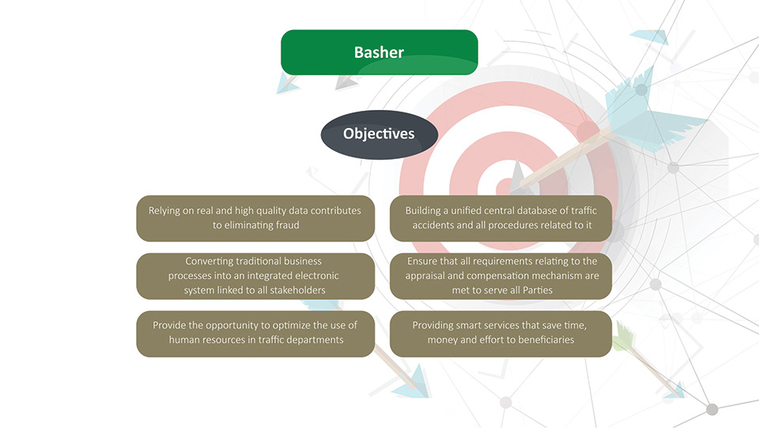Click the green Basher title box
click(x=379, y=52)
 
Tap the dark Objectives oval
click(x=379, y=134)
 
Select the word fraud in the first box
click(x=288, y=225)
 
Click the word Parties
click(x=538, y=290)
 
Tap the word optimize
click(x=289, y=325)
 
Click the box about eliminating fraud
click(x=255, y=218)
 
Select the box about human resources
click(x=255, y=334)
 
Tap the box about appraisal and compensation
click(x=500, y=276)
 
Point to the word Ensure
click(x=422, y=261)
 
